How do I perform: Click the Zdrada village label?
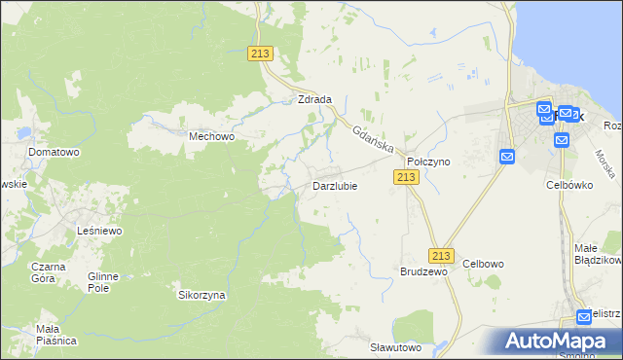315,99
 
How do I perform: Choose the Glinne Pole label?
102,282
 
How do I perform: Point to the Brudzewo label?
423,272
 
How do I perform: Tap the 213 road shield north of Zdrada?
260,54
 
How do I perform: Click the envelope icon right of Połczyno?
507,157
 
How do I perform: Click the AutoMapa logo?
559,341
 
